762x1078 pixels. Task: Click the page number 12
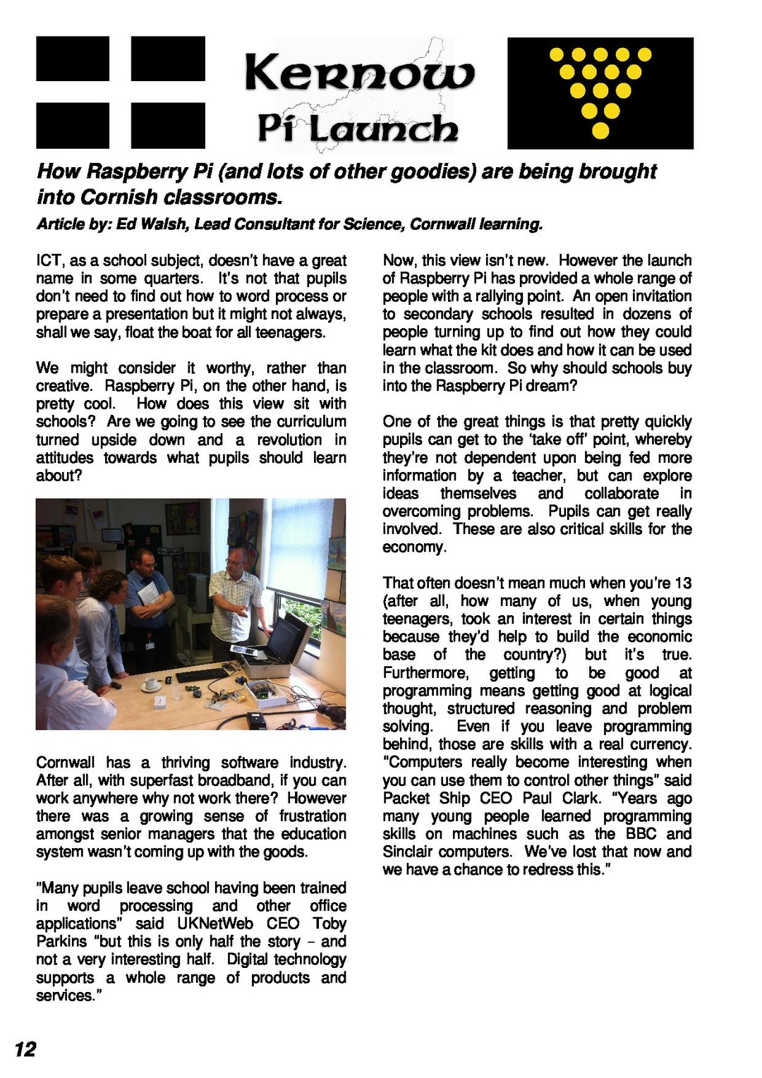click(x=25, y=1050)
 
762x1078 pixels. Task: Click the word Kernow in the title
click(x=359, y=74)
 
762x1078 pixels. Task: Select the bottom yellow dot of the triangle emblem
click(x=600, y=131)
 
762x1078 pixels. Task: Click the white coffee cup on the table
click(x=151, y=683)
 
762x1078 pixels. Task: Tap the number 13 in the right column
click(x=682, y=583)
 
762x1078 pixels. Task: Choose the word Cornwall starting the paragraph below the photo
click(x=66, y=763)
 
